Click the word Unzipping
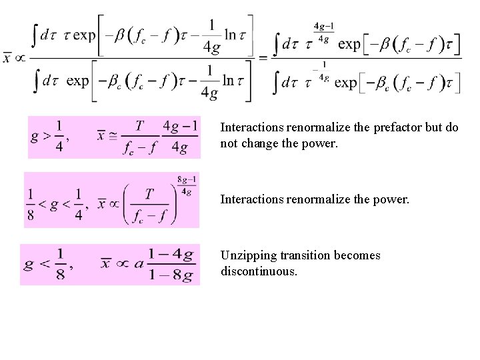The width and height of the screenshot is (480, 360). pyautogui.click(x=246, y=256)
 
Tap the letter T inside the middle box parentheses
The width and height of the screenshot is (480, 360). pyautogui.click(x=150, y=193)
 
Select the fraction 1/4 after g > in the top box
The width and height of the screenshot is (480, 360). pyautogui.click(x=60, y=137)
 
